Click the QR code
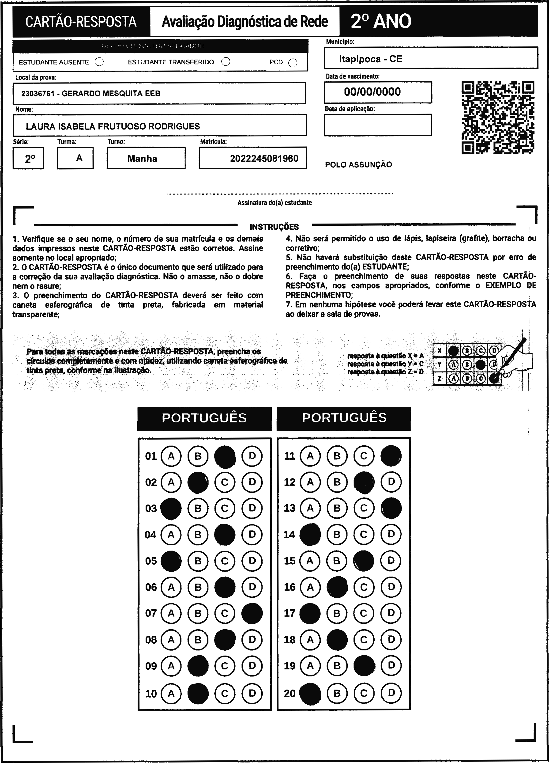click(x=498, y=118)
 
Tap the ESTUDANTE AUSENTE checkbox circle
click(x=99, y=62)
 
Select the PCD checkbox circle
click(x=293, y=63)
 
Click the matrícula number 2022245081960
click(x=264, y=159)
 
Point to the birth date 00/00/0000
click(x=372, y=92)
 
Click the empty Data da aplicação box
click(x=378, y=125)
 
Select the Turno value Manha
click(x=142, y=159)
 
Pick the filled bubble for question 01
click(x=225, y=456)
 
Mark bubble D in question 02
click(x=252, y=482)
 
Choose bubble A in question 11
click(x=310, y=456)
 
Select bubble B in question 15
click(x=337, y=561)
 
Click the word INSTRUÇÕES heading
click(x=274, y=227)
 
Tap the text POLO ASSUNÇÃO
click(x=358, y=164)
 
